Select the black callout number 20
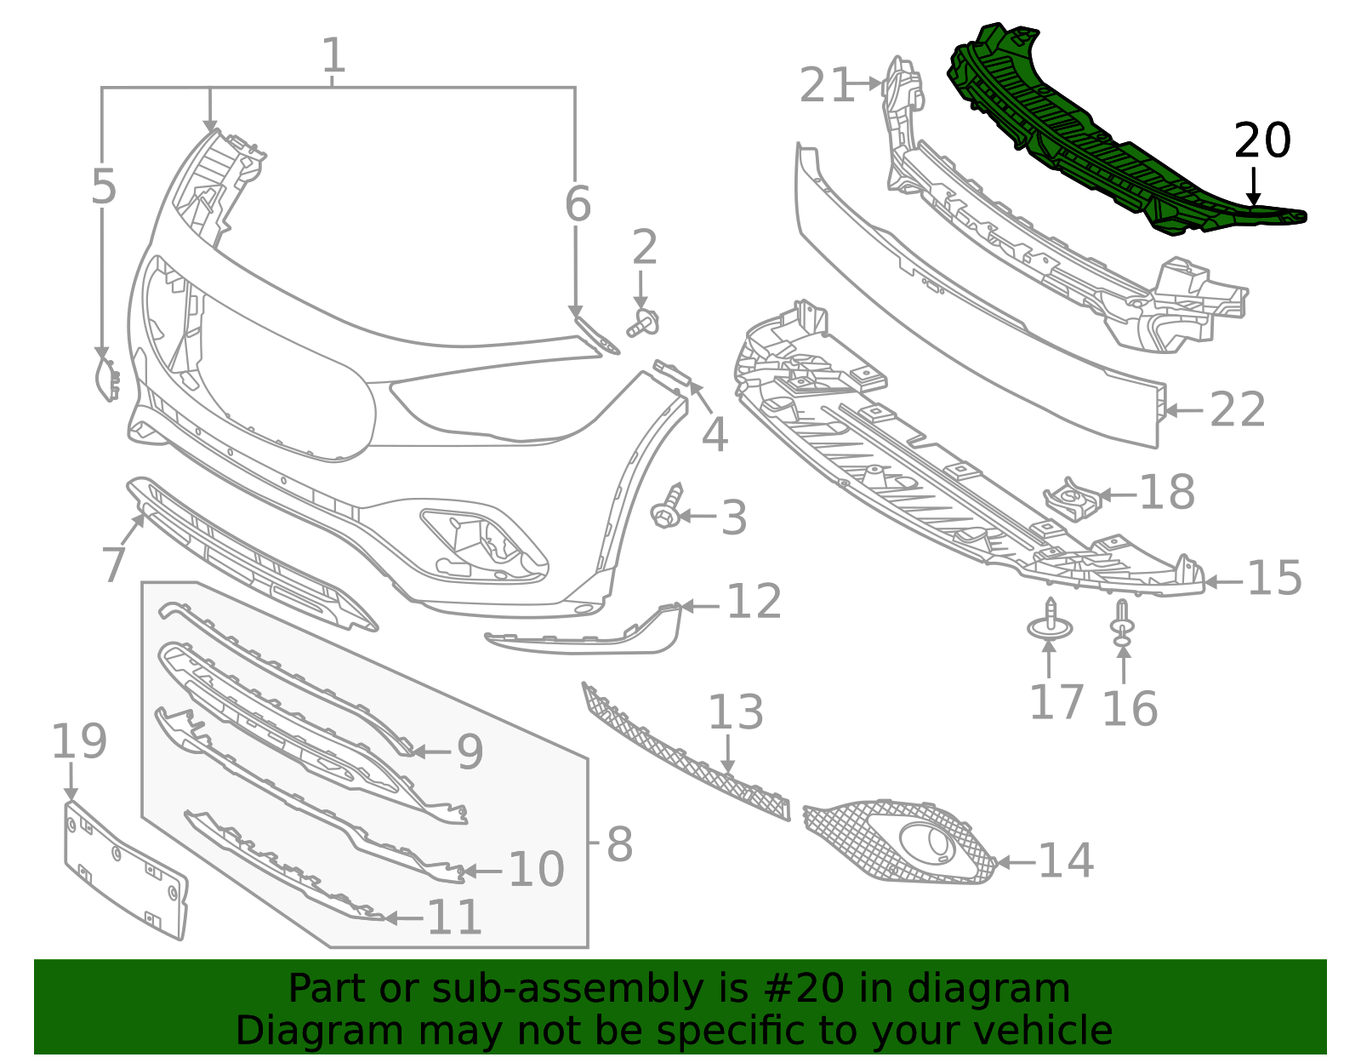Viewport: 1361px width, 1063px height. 1262,141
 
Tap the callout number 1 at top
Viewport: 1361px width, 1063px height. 333,56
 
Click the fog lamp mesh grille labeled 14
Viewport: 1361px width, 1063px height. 902,842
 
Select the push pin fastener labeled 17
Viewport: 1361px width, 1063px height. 1051,625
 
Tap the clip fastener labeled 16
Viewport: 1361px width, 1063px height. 1123,623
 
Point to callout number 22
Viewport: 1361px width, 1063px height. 1238,410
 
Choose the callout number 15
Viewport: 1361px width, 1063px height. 1274,579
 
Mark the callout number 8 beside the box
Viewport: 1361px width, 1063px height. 619,844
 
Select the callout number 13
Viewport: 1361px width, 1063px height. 736,712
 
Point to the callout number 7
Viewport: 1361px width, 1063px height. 114,564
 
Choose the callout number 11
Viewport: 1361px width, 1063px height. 454,917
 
